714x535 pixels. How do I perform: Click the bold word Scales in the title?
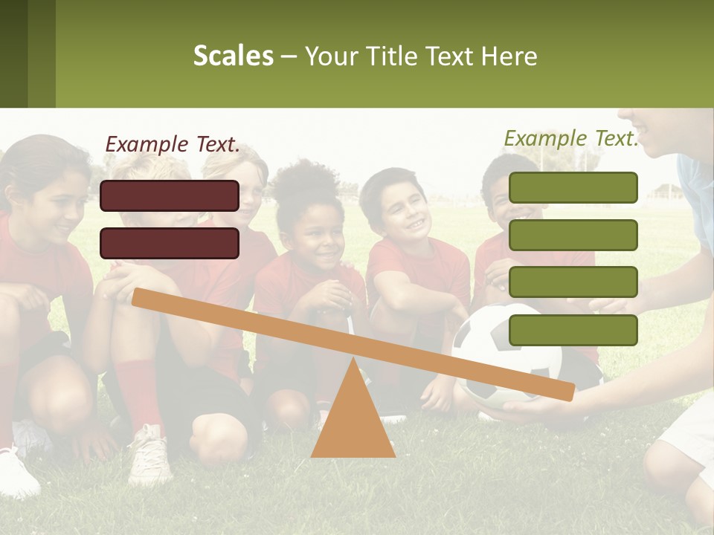pyautogui.click(x=233, y=56)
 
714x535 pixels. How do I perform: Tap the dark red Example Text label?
pyautogui.click(x=173, y=144)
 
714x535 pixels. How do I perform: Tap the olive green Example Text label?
pyautogui.click(x=571, y=138)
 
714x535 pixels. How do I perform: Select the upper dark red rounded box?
pyautogui.click(x=170, y=195)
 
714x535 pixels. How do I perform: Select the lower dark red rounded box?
pyautogui.click(x=170, y=243)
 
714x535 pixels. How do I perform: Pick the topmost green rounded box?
pyautogui.click(x=573, y=187)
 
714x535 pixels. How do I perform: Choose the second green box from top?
pyautogui.click(x=573, y=235)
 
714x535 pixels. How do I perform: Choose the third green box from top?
pyautogui.click(x=573, y=282)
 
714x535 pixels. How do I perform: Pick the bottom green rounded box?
pyautogui.click(x=573, y=330)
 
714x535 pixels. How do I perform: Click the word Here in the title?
pyautogui.click(x=508, y=56)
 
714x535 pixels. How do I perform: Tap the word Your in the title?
pyautogui.click(x=331, y=56)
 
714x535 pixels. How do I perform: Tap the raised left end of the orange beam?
pyautogui.click(x=140, y=297)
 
